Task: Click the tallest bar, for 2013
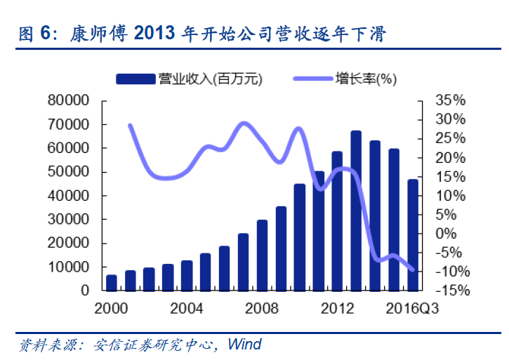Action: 356,211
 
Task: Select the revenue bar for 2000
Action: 112,283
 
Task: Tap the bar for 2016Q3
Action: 414,235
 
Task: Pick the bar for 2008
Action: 262,255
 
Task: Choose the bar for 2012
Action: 337,221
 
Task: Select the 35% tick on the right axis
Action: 450,101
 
